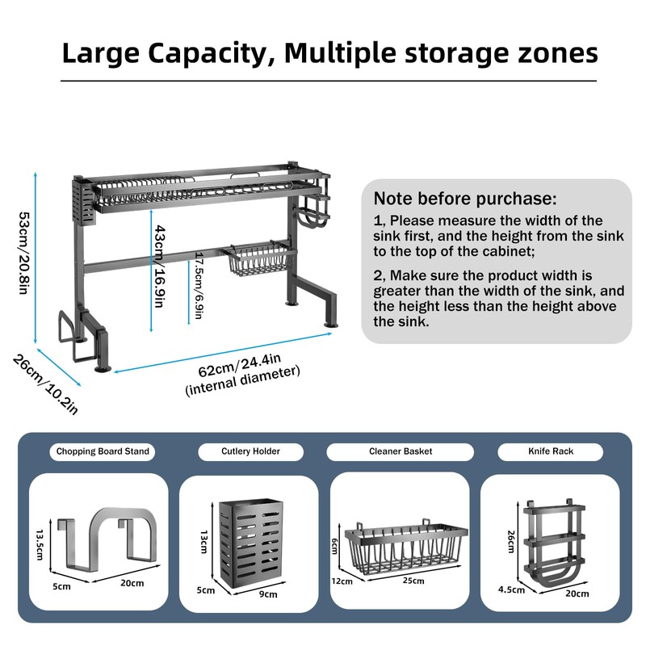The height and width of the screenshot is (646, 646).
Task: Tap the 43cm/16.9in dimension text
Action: point(160,266)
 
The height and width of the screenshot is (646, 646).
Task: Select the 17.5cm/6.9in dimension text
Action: point(196,287)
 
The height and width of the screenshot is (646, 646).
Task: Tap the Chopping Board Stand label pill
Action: point(103,451)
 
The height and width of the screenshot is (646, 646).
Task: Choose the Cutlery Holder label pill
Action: point(250,451)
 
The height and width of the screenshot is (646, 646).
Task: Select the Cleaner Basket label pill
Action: point(400,451)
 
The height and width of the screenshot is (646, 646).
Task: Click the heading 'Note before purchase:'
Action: point(464,199)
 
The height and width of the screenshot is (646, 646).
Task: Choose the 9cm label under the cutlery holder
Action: point(267,594)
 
